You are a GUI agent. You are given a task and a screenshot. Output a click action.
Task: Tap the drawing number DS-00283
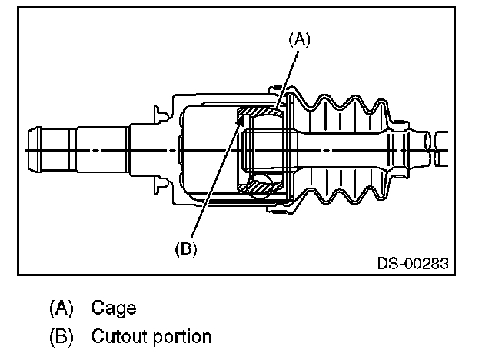(x=412, y=262)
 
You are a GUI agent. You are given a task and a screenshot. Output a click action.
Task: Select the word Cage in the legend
(x=114, y=308)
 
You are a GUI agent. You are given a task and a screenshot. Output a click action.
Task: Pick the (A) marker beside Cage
(x=61, y=308)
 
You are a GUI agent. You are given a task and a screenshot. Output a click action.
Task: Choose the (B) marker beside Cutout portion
(x=61, y=336)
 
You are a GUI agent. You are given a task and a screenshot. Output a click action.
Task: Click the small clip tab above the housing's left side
(x=161, y=113)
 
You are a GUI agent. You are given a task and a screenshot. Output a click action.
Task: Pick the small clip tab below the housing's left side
(x=161, y=183)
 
